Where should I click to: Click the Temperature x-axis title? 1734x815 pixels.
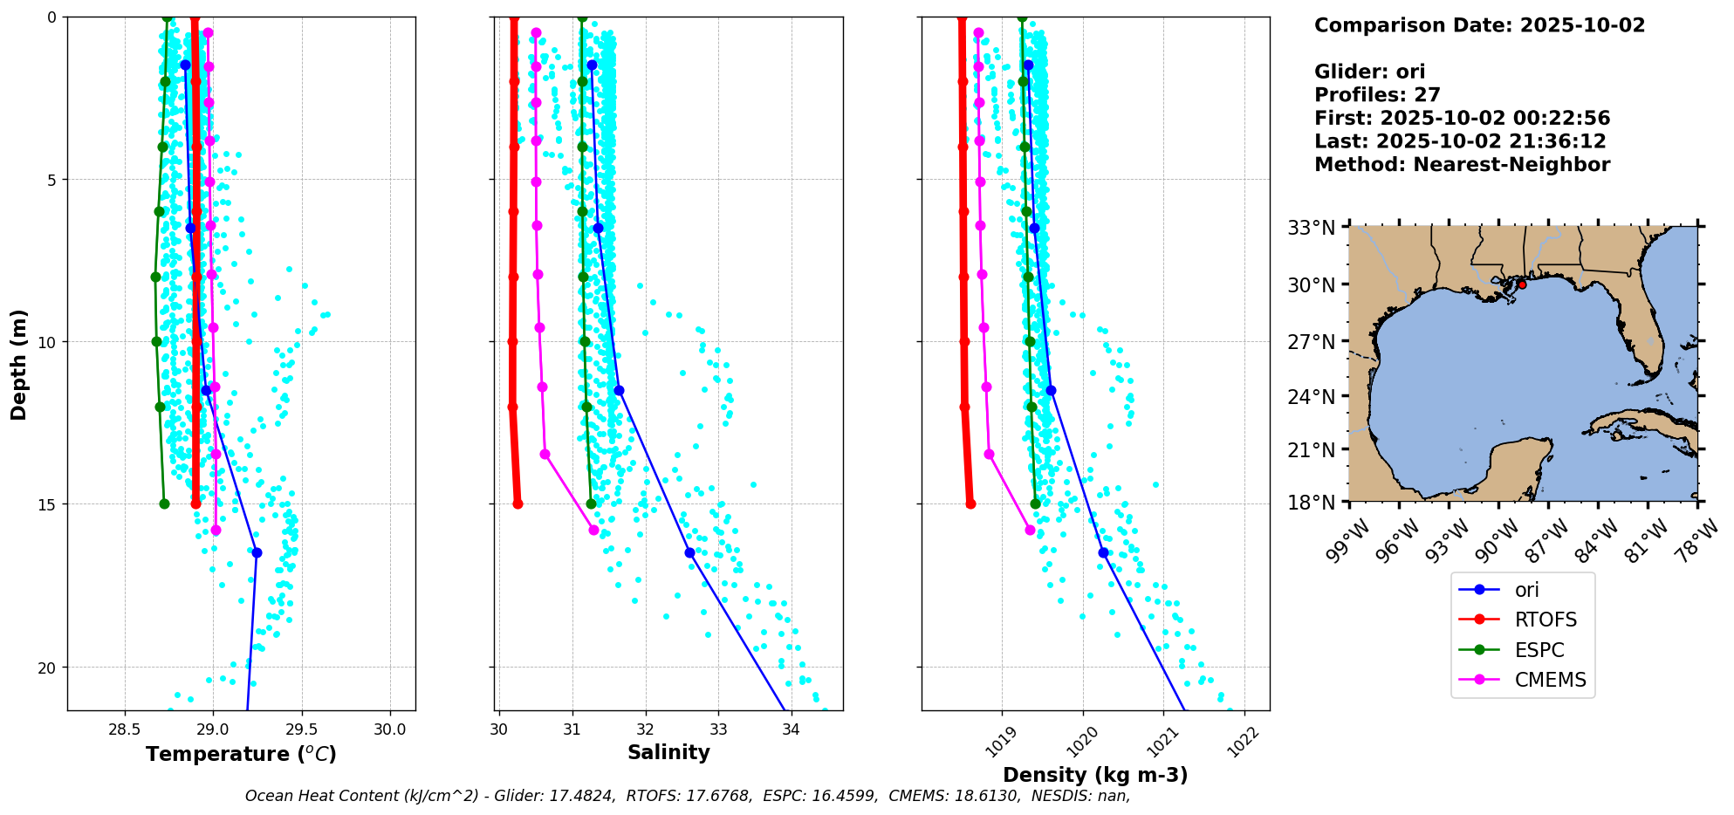click(x=241, y=754)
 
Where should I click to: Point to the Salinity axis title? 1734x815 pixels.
click(x=668, y=752)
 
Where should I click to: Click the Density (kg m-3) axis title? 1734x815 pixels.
click(x=1095, y=775)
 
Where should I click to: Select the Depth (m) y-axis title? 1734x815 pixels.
click(x=19, y=365)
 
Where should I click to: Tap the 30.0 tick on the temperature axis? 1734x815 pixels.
click(x=389, y=729)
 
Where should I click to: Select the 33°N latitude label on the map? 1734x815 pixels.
click(x=1312, y=228)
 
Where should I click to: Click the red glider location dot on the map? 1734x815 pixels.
click(x=1522, y=284)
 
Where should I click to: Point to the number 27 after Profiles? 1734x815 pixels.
click(x=1428, y=95)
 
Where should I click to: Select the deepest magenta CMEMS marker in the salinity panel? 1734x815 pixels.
click(x=594, y=530)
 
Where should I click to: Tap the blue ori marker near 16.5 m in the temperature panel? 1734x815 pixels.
click(x=257, y=552)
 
